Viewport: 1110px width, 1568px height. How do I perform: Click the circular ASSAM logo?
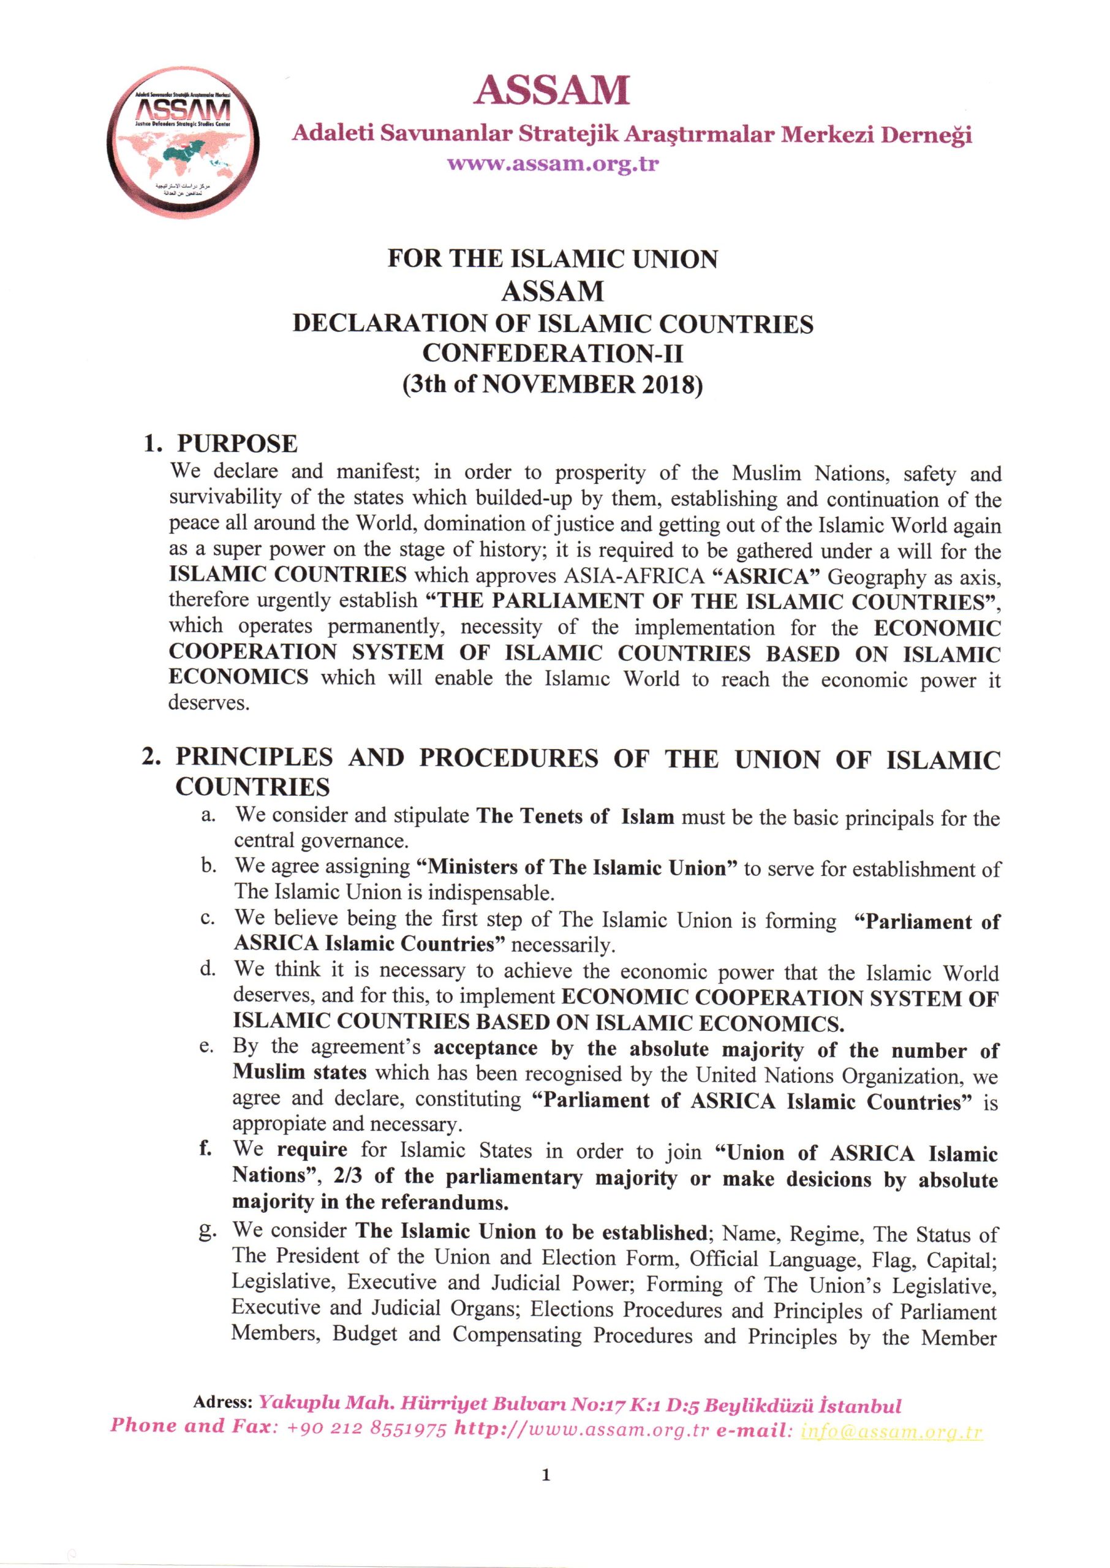coord(183,143)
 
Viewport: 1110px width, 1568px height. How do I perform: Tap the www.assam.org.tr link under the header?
coord(553,164)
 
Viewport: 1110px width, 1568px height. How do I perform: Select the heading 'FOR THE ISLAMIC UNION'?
coord(553,259)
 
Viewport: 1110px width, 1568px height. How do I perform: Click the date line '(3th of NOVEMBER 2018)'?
coord(553,385)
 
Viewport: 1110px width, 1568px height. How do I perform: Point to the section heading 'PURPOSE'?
coord(237,443)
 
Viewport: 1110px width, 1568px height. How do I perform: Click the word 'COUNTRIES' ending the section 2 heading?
coord(252,787)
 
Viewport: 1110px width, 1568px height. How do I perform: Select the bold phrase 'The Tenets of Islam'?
coord(575,816)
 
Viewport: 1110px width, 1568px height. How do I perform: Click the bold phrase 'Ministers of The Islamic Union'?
coord(576,869)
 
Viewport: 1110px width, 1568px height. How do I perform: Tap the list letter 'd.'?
coord(208,970)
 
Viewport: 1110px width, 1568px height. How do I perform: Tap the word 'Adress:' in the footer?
coord(223,1402)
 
